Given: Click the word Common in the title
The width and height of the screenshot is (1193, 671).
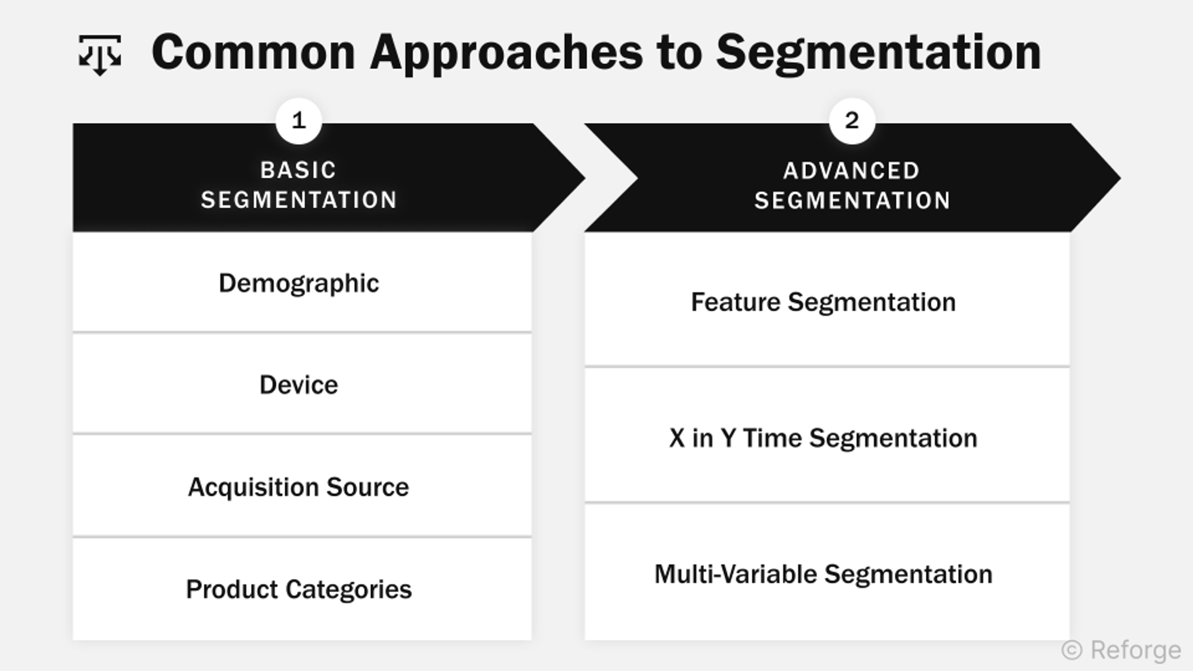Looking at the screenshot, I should tap(253, 52).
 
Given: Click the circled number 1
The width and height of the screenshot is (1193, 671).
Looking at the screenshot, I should tap(299, 121).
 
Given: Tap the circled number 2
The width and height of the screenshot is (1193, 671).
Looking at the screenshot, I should tap(852, 121).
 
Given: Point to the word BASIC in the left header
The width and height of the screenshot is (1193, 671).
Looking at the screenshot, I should tap(298, 171).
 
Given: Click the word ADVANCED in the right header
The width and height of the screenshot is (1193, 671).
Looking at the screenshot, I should tap(851, 171).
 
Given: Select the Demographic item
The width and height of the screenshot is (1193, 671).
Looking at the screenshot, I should tap(298, 283).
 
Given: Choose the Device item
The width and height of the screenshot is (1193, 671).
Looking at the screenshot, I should tap(298, 385).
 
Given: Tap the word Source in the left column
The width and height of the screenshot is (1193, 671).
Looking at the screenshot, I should tap(367, 487).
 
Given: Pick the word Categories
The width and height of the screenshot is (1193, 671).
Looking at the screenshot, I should tap(348, 589).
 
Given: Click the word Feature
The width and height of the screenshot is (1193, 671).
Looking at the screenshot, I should tap(735, 302).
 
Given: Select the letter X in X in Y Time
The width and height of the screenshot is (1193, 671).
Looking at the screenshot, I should tap(676, 438).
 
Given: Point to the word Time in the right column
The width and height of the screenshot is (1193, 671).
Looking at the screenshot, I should tap(772, 438).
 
